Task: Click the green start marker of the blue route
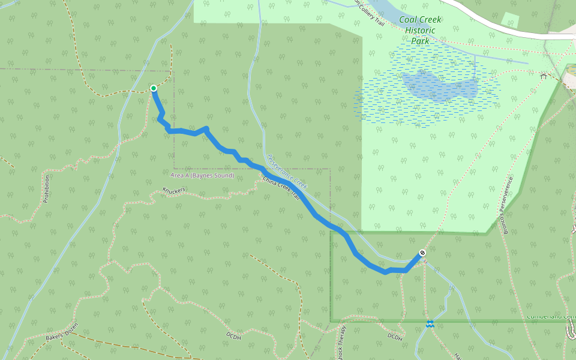point(154,88)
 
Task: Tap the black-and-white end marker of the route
point(422,252)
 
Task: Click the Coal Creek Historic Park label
point(419,30)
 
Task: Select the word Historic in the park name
point(419,30)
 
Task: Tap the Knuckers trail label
point(174,191)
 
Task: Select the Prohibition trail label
point(46,189)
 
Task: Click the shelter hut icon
point(543,76)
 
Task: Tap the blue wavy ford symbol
point(430,324)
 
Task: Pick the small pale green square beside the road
point(510,20)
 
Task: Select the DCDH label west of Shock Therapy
point(233,334)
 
